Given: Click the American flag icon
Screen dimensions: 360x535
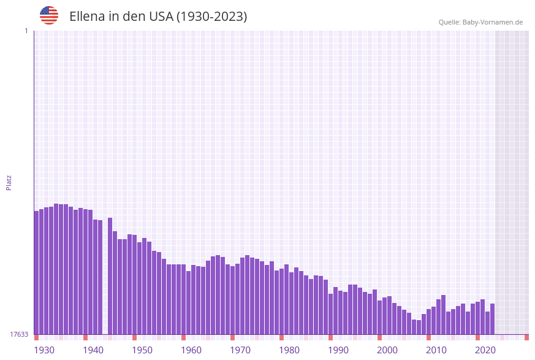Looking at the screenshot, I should coord(49,15).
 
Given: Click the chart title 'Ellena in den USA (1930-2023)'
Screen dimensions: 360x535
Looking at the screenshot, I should coord(158,17).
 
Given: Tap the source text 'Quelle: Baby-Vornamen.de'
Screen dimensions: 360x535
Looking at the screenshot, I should coord(480,22).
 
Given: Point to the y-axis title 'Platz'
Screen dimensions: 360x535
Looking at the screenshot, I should coord(9,182).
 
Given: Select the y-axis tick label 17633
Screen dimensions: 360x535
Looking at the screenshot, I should coord(19,334).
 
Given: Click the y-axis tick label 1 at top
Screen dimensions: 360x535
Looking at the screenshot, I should coord(26,31).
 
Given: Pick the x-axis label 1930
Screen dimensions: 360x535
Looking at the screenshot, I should coord(44,350).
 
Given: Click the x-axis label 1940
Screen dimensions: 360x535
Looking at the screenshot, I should coord(93,350).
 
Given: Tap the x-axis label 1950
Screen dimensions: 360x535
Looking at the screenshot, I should coord(142,350).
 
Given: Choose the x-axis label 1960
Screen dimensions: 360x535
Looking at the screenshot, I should coord(191,350).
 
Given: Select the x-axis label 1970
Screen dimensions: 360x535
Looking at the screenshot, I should coord(240,350).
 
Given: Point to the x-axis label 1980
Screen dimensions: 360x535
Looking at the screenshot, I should coord(289,350).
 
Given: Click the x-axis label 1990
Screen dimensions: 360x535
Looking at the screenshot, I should coord(338,350).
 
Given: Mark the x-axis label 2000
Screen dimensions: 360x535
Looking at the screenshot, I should coord(387,350).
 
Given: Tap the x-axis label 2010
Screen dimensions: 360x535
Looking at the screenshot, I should coord(436,350).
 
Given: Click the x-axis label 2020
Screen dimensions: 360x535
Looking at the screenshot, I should coord(485,350).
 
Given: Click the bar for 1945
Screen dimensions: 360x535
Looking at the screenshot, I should coord(110,276).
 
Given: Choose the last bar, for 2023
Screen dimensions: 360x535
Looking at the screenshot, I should coord(493,319).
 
